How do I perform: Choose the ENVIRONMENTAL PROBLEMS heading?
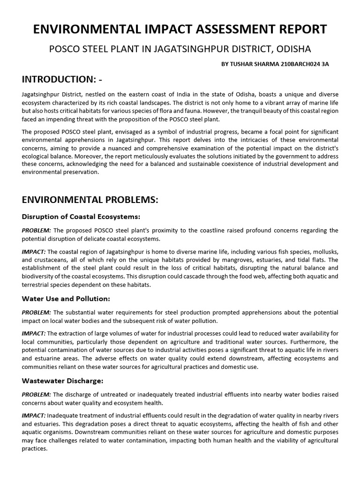click(x=90, y=200)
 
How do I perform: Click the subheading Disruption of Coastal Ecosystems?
click(x=81, y=217)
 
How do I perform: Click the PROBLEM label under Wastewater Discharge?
click(x=37, y=394)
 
